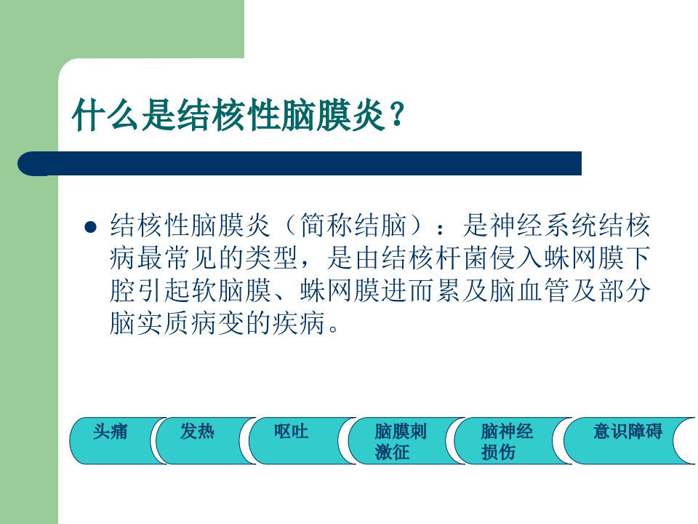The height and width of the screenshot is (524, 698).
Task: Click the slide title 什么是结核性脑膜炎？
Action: coord(238,114)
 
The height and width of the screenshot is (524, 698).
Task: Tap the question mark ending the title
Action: coord(398,115)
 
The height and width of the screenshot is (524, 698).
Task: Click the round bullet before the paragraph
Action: coord(90,227)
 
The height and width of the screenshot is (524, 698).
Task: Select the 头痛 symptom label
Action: coord(110,432)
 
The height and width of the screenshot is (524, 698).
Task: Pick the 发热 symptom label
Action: coord(197,432)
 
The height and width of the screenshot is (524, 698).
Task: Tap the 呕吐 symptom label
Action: coord(291,432)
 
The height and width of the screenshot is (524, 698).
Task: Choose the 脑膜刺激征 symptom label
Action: coord(401,442)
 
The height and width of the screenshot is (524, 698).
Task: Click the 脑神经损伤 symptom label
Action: coord(507,442)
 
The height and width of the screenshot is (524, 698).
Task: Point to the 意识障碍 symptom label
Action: coord(627,432)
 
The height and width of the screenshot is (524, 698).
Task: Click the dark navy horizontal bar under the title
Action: coord(300,164)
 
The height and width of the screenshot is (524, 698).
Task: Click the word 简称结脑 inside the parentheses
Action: coord(353,225)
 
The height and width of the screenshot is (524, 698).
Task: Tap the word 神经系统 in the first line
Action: coord(543,225)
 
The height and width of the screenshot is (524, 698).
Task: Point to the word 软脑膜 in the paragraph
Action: coord(231,290)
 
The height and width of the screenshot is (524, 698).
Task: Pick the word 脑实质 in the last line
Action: coord(150,323)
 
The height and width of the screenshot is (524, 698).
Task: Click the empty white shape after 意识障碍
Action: coord(684,441)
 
